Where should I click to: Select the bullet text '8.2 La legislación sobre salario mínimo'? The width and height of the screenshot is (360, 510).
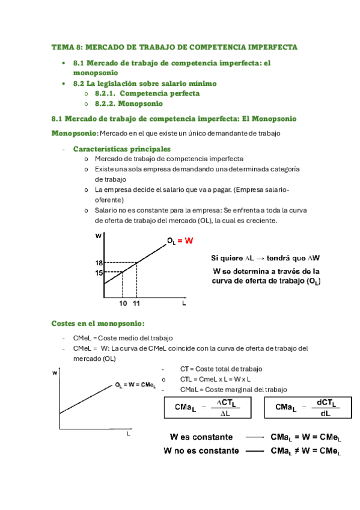[x=144, y=84]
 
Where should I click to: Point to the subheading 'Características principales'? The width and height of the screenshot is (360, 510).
[x=121, y=149]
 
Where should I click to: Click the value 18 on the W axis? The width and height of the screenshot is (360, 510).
[x=99, y=263]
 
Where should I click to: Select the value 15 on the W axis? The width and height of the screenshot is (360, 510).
[x=99, y=272]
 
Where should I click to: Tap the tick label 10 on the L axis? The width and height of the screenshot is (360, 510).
[x=122, y=304]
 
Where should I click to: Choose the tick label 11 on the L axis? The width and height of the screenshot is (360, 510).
[x=136, y=304]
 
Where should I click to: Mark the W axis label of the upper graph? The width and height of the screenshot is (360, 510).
[x=98, y=236]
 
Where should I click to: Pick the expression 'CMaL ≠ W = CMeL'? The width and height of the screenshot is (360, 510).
[x=306, y=450]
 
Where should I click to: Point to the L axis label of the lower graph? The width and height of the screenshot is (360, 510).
[x=127, y=433]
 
